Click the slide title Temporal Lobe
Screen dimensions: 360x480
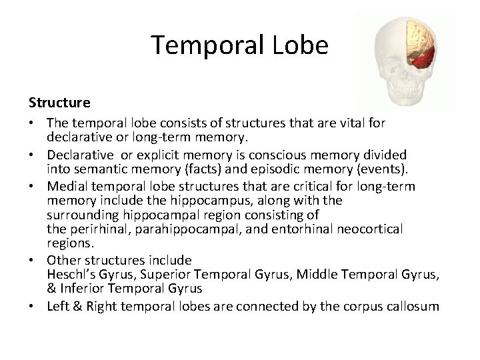[x=239, y=45]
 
